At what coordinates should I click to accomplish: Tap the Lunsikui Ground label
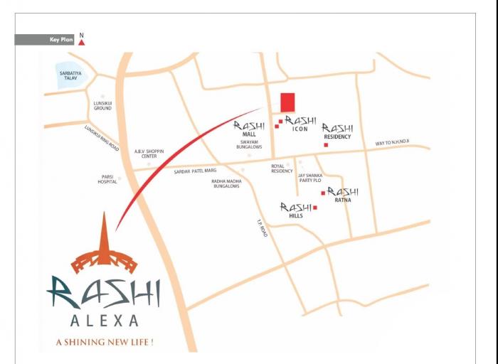pyautogui.click(x=103, y=106)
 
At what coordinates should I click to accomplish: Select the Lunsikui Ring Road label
pyautogui.click(x=101, y=138)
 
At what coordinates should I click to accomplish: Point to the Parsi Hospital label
pyautogui.click(x=107, y=180)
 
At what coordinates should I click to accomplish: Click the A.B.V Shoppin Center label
pyautogui.click(x=149, y=154)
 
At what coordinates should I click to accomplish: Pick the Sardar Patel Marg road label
pyautogui.click(x=195, y=171)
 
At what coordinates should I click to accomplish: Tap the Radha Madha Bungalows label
pyautogui.click(x=226, y=183)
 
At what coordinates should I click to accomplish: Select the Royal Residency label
pyautogui.click(x=282, y=168)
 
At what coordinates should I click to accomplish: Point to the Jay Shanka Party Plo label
pyautogui.click(x=310, y=178)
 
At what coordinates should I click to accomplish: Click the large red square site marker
pyautogui.click(x=287, y=102)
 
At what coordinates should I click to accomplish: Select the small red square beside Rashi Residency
pyautogui.click(x=326, y=145)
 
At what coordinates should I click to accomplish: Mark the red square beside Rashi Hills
pyautogui.click(x=314, y=208)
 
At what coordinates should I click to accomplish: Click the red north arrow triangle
pyautogui.click(x=81, y=41)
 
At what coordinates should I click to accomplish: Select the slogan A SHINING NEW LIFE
pyautogui.click(x=105, y=342)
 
